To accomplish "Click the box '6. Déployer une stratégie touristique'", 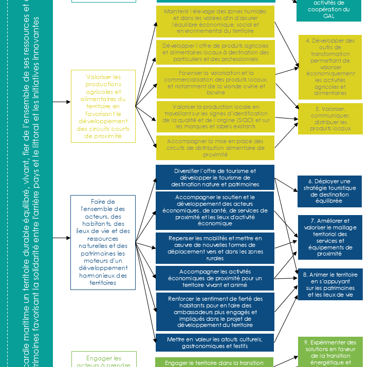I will point(329,191).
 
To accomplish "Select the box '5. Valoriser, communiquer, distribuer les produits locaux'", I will point(329,119).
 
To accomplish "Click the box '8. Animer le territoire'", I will point(329,284).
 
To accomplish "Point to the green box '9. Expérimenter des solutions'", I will point(329,352).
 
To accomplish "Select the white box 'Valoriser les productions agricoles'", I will point(103,106).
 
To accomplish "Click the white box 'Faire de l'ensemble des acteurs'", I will point(103,242).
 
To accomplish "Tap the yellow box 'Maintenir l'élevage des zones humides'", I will point(215,21).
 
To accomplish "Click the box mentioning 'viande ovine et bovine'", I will point(215,83).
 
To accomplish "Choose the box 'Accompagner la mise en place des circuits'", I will point(215,147).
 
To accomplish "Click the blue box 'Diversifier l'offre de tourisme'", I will point(215,177).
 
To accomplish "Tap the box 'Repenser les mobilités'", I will point(215,248).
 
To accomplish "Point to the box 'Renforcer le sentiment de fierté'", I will point(215,312).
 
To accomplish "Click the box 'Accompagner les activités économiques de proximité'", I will point(215,278).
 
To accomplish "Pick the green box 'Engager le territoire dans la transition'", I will point(215,362).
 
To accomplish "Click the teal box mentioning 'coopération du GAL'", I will point(329,9).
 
